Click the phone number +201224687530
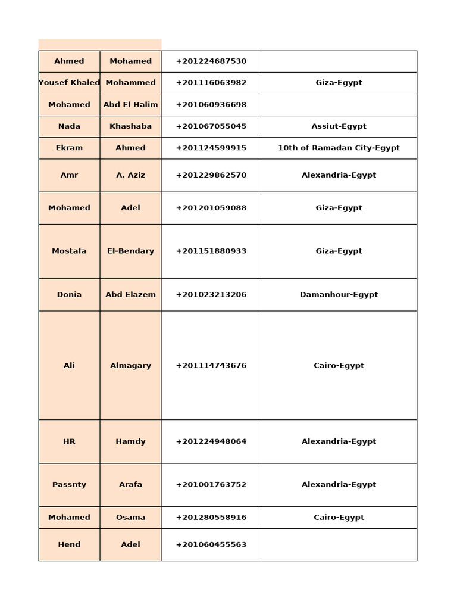(211, 61)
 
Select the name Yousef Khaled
(69, 83)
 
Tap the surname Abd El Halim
(130, 105)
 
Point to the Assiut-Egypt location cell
(339, 126)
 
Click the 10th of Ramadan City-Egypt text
(339, 148)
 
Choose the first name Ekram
(69, 148)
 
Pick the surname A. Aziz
(130, 175)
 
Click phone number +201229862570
(211, 175)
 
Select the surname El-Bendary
(130, 251)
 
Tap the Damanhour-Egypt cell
(339, 294)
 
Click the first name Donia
(69, 294)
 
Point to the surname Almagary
(130, 366)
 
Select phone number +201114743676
(211, 366)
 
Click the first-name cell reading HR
(69, 441)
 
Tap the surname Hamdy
(130, 441)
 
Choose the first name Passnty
(69, 485)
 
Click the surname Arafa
(130, 485)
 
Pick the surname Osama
(130, 518)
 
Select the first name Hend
(69, 544)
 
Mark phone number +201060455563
(211, 544)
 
